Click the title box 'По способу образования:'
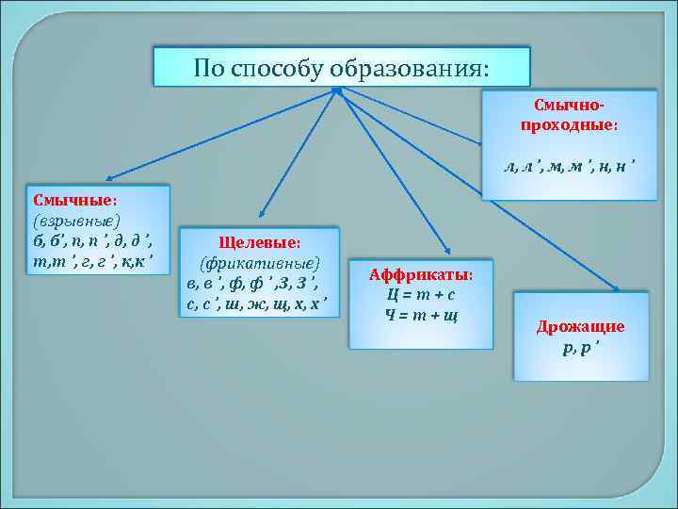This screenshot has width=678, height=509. [x=342, y=68]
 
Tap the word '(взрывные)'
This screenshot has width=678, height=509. [x=75, y=220]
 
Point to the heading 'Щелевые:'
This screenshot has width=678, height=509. [x=259, y=243]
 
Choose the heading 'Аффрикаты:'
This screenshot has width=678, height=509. [x=421, y=274]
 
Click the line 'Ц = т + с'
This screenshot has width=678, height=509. [x=421, y=293]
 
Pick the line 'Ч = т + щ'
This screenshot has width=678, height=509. [x=421, y=313]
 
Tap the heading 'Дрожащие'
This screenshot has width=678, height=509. [x=580, y=327]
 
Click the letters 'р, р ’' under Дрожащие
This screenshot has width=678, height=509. [x=580, y=347]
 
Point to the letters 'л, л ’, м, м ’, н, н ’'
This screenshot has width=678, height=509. [x=569, y=167]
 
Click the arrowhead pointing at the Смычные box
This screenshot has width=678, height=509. [x=109, y=176]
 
